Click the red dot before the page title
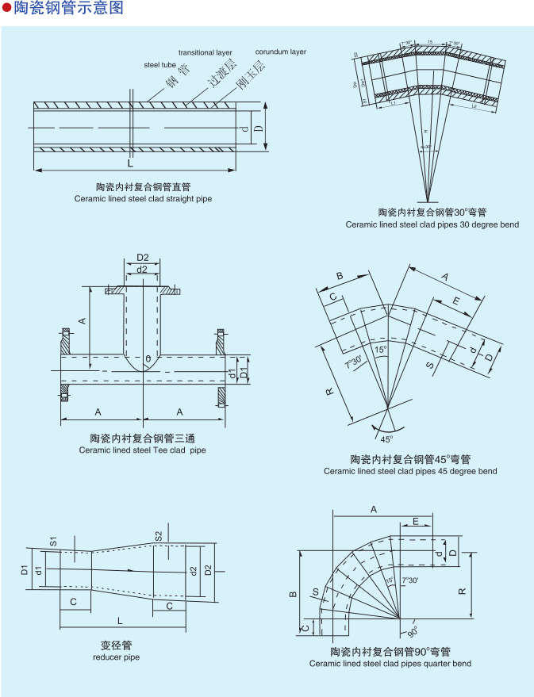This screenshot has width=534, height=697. pyautogui.click(x=7, y=10)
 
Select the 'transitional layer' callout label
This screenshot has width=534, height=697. pyautogui.click(x=205, y=52)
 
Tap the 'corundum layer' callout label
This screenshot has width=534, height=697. pyautogui.click(x=280, y=52)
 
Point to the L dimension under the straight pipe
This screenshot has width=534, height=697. pyautogui.click(x=130, y=163)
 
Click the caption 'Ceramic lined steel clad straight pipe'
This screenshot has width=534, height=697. pyautogui.click(x=143, y=198)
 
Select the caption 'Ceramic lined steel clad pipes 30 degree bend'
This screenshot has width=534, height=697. pyautogui.click(x=432, y=224)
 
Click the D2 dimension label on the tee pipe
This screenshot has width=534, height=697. pyautogui.click(x=143, y=258)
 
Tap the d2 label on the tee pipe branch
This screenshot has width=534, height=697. pyautogui.click(x=142, y=270)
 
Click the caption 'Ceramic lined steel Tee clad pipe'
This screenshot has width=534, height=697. pyautogui.click(x=142, y=450)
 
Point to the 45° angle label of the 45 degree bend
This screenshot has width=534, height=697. pyautogui.click(x=386, y=438)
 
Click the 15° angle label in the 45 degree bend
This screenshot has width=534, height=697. pyautogui.click(x=381, y=350)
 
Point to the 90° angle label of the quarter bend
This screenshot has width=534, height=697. pyautogui.click(x=413, y=632)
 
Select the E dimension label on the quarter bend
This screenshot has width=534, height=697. pyautogui.click(x=416, y=521)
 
